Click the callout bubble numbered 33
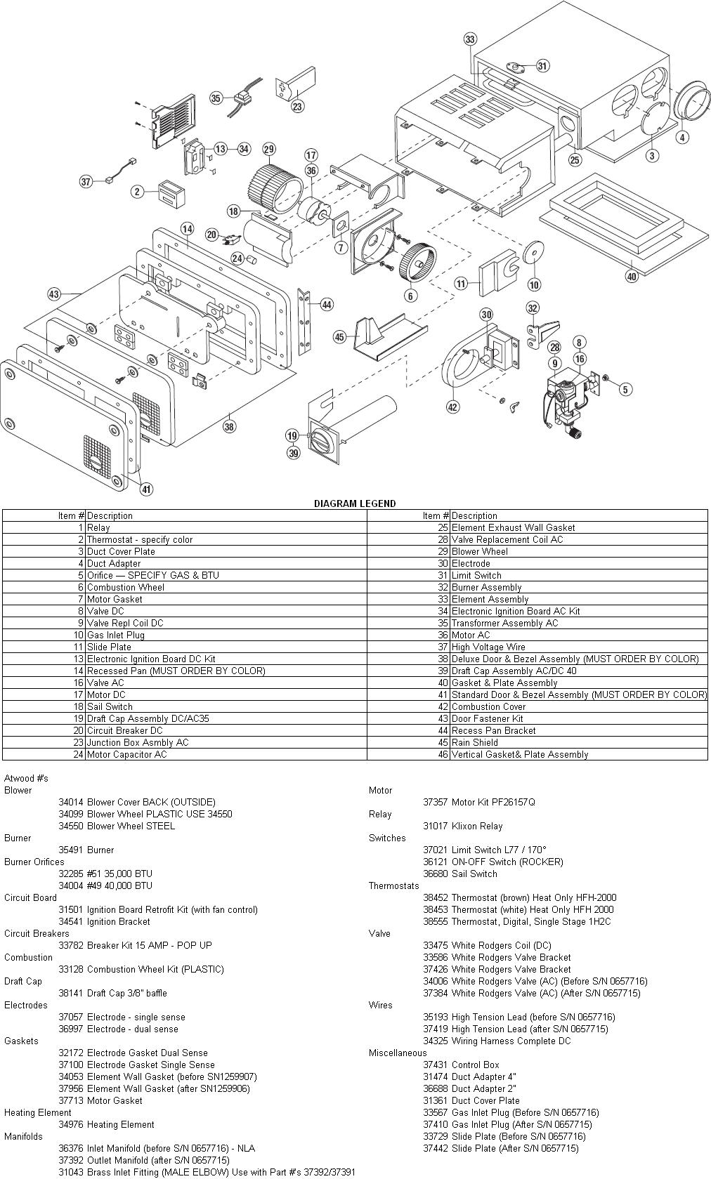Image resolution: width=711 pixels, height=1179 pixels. tap(470, 39)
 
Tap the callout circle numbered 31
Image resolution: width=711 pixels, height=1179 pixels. tap(542, 66)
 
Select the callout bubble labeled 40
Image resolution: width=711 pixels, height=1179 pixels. tap(632, 277)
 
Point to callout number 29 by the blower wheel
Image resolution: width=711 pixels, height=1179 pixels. tap(269, 149)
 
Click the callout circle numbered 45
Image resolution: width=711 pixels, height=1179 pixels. tap(340, 337)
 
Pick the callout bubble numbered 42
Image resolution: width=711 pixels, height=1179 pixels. tap(453, 407)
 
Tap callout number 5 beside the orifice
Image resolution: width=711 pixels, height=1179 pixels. tap(625, 388)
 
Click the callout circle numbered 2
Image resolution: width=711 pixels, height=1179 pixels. tap(138, 192)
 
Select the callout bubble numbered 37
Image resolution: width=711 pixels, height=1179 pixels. tap(86, 182)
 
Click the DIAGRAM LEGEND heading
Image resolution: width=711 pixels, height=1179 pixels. tap(354, 503)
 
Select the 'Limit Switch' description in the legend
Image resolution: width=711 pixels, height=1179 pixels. tap(475, 575)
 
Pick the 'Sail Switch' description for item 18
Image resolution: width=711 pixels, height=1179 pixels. tap(110, 706)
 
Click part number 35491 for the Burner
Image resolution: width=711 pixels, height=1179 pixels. tap(71, 850)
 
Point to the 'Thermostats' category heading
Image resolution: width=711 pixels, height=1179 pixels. tap(393, 885)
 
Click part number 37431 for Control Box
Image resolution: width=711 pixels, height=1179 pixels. tap(436, 1065)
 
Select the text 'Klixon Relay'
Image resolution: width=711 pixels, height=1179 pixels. tap(477, 826)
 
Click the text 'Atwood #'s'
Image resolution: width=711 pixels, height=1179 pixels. tap(26, 778)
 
